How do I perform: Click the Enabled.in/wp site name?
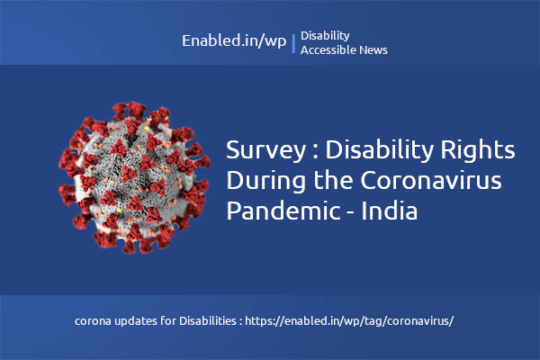click(233, 41)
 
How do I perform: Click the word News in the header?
click(373, 50)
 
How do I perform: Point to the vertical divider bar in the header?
click(293, 43)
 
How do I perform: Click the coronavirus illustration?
click(128, 175)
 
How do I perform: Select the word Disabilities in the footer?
click(210, 320)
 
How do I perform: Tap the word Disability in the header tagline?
click(325, 36)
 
